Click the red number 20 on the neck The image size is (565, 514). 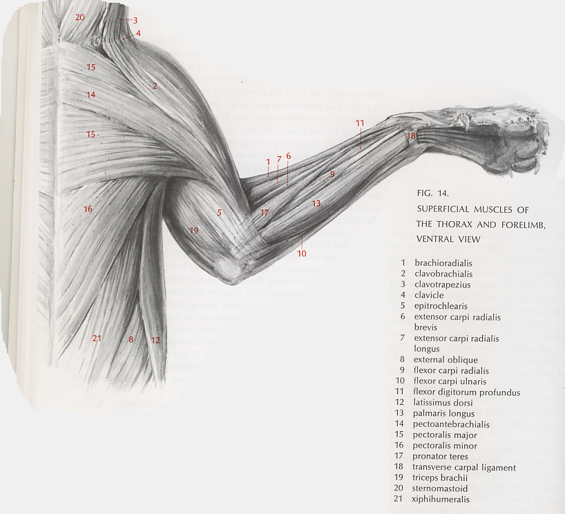79,17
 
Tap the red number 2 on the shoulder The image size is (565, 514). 155,86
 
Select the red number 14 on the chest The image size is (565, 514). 90,94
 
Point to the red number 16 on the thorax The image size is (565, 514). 88,209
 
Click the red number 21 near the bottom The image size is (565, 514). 97,338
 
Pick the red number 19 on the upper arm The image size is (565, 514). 193,230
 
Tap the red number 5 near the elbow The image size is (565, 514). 219,213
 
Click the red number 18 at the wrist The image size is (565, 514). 412,137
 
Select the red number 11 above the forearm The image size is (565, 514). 360,123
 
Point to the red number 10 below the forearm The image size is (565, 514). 302,254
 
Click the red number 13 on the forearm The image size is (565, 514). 316,203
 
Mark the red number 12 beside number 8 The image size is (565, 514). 155,340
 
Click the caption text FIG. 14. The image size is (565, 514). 434,193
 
